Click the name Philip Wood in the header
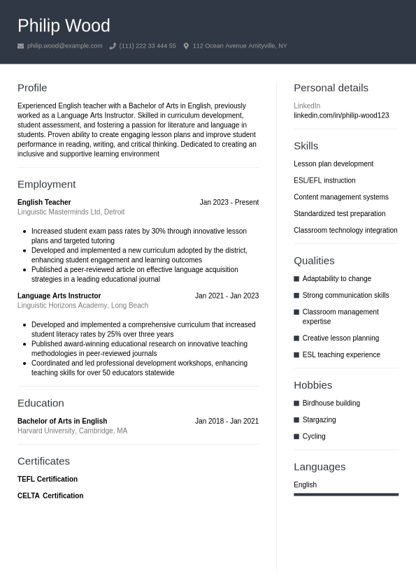click(x=64, y=26)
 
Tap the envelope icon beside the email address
click(x=21, y=46)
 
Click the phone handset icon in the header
click(x=113, y=46)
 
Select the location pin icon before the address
click(x=186, y=46)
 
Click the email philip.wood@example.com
click(x=64, y=46)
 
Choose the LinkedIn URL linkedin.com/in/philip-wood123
click(x=341, y=115)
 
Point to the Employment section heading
click(x=46, y=184)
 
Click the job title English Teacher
click(x=44, y=202)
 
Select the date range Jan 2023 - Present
click(x=229, y=202)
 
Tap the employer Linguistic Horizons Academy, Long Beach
click(x=83, y=306)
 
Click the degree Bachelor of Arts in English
click(x=62, y=421)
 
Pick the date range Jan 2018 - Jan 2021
click(x=227, y=421)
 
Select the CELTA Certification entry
click(x=50, y=496)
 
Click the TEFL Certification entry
click(x=48, y=479)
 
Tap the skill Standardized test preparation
click(x=339, y=214)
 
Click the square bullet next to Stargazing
click(x=296, y=420)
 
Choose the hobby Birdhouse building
click(x=331, y=403)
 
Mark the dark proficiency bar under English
click(x=345, y=494)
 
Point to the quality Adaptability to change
click(x=336, y=279)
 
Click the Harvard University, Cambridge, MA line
click(x=72, y=431)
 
